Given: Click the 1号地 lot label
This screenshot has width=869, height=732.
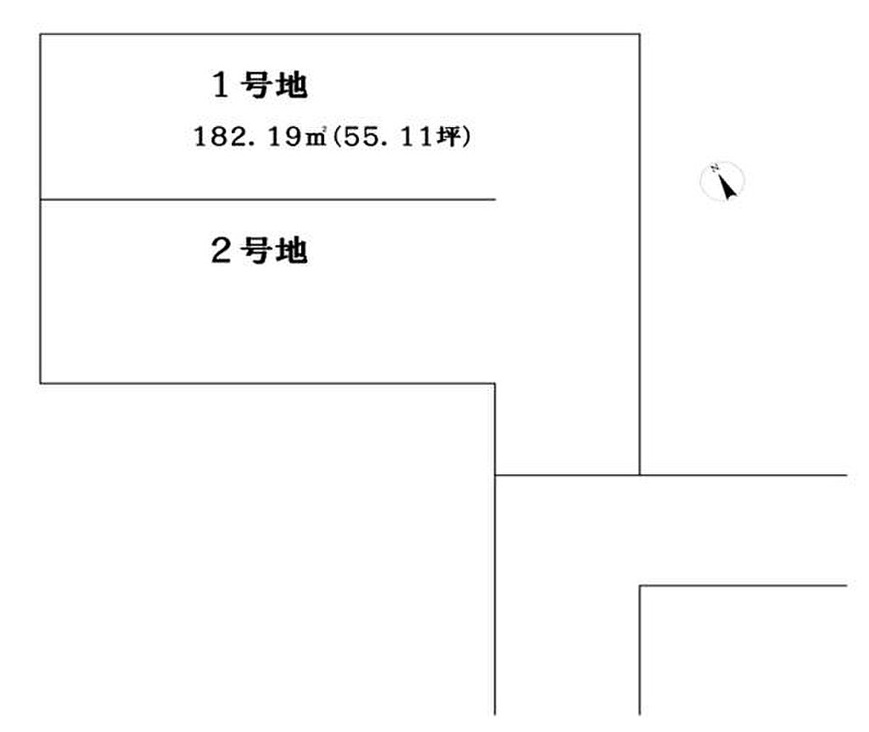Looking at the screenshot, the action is click(260, 86).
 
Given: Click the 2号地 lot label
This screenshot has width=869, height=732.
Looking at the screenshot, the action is click(260, 250).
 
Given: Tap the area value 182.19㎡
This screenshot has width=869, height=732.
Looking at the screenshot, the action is click(260, 137).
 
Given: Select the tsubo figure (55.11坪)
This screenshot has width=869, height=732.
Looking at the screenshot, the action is click(402, 137).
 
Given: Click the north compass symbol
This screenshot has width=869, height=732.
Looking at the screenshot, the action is click(722, 181).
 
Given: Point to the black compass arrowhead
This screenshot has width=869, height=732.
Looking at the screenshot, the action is click(726, 187).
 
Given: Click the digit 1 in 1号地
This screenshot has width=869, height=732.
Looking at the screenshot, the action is click(221, 86).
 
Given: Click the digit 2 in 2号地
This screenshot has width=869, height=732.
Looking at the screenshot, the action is click(221, 250).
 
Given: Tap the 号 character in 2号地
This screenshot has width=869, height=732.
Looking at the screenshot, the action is click(256, 250).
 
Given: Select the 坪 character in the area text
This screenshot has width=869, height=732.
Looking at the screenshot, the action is click(450, 137).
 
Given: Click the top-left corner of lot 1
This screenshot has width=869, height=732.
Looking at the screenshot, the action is click(41, 35).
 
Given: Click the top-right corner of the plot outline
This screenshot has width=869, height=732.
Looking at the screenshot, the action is click(640, 35).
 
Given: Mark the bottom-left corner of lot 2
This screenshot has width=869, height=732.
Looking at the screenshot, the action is click(41, 383).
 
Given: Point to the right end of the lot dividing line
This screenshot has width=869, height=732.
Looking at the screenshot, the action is click(495, 199).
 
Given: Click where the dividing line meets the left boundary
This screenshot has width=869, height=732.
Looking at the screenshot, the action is click(41, 199).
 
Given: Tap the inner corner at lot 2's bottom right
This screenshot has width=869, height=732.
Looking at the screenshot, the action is click(495, 383).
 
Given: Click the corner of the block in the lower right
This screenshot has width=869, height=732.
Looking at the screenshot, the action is click(640, 585).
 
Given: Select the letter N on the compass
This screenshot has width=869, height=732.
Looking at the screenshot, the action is click(715, 167).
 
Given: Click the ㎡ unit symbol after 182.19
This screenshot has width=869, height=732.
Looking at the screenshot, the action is click(316, 137).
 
